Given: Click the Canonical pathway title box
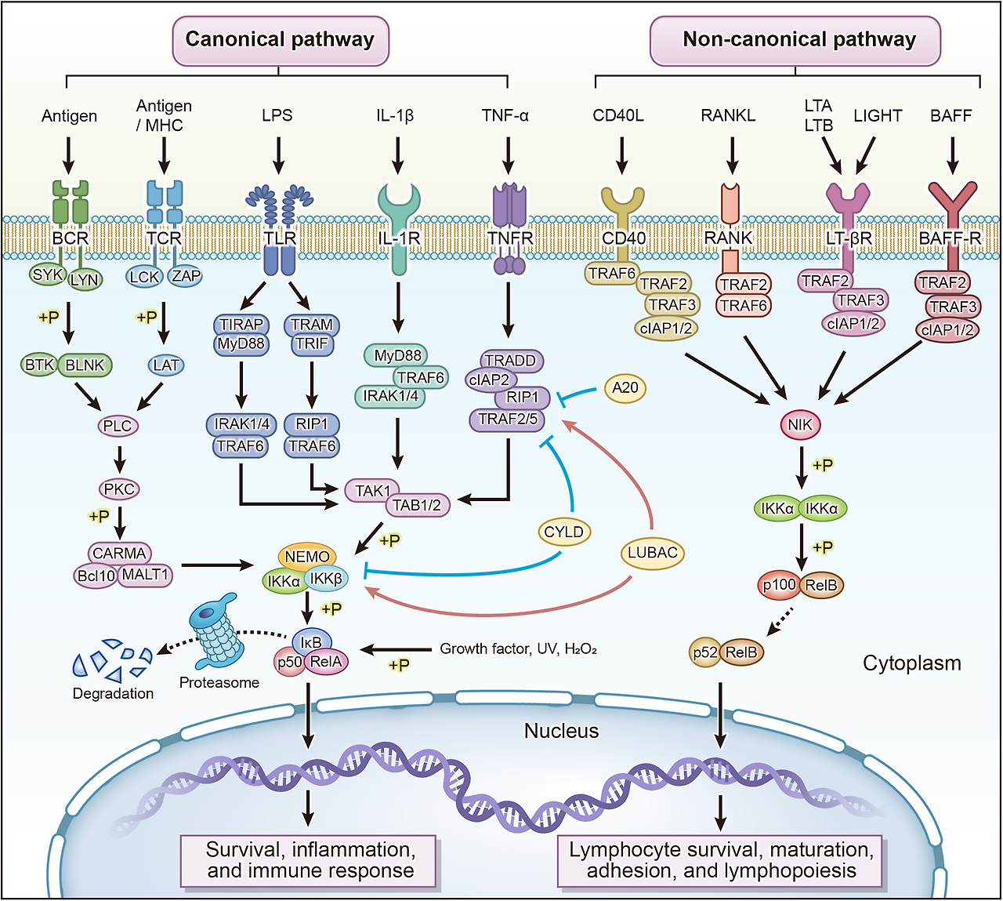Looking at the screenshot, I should pyautogui.click(x=280, y=40).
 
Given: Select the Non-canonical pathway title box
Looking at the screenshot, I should pyautogui.click(x=795, y=40).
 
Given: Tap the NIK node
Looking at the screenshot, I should pyautogui.click(x=800, y=424).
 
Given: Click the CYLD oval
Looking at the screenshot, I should pyautogui.click(x=563, y=532).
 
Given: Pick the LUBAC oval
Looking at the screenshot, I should pyautogui.click(x=652, y=552).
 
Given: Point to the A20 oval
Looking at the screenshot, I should pyautogui.click(x=625, y=387).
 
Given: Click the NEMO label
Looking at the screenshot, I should pyautogui.click(x=307, y=556).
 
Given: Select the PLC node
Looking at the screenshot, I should pyautogui.click(x=118, y=426).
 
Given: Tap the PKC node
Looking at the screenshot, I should pyautogui.click(x=119, y=489).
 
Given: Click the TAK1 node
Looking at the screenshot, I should pyautogui.click(x=372, y=491).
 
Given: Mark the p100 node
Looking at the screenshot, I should pyautogui.click(x=779, y=584).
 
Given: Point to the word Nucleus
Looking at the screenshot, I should pyautogui.click(x=561, y=731).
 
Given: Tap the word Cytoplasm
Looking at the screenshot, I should pyautogui.click(x=911, y=663).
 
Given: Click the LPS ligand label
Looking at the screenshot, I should pyautogui.click(x=277, y=115).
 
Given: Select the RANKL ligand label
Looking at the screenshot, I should pyautogui.click(x=728, y=115).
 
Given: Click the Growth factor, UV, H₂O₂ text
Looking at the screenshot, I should pyautogui.click(x=518, y=649).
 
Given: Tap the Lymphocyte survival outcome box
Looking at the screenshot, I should pyautogui.click(x=721, y=860).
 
